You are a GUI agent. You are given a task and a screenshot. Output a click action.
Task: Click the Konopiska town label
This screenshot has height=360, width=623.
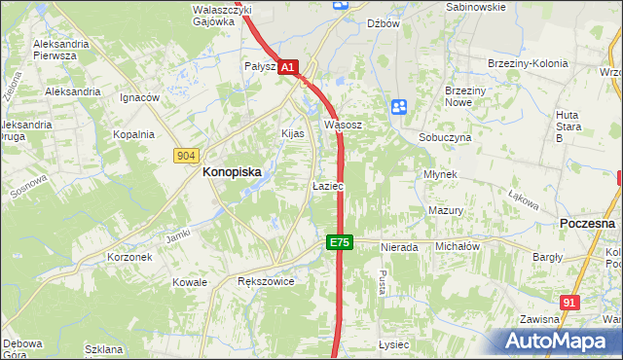[x=231, y=172]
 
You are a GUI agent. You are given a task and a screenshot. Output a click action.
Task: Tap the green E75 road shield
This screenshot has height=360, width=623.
[x=339, y=242]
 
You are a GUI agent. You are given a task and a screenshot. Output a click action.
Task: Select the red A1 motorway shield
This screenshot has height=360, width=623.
[x=288, y=67]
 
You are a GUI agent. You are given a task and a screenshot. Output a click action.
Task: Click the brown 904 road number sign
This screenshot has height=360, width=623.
[x=188, y=155]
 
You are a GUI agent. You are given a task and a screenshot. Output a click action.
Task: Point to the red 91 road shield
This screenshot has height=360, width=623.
[x=570, y=303]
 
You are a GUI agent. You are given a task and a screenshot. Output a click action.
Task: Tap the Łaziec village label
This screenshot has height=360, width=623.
[x=327, y=185]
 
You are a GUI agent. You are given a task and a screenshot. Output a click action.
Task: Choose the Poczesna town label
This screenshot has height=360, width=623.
[x=588, y=223]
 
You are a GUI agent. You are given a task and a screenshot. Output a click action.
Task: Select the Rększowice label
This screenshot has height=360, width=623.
[x=266, y=281]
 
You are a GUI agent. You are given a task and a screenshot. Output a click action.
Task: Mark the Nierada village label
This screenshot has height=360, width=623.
[x=399, y=247]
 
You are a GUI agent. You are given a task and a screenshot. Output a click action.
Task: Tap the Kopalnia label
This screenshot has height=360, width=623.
[x=133, y=135]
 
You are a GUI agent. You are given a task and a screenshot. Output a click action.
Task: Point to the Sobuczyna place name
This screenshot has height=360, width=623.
[x=445, y=138]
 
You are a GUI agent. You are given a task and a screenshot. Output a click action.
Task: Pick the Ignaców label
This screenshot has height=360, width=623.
[x=139, y=98]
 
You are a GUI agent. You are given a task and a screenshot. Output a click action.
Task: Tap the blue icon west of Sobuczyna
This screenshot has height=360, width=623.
[x=398, y=107]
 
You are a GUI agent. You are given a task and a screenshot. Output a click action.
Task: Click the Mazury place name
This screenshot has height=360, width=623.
[x=445, y=210]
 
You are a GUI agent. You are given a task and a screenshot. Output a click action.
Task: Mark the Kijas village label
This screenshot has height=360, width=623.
[x=293, y=132]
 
